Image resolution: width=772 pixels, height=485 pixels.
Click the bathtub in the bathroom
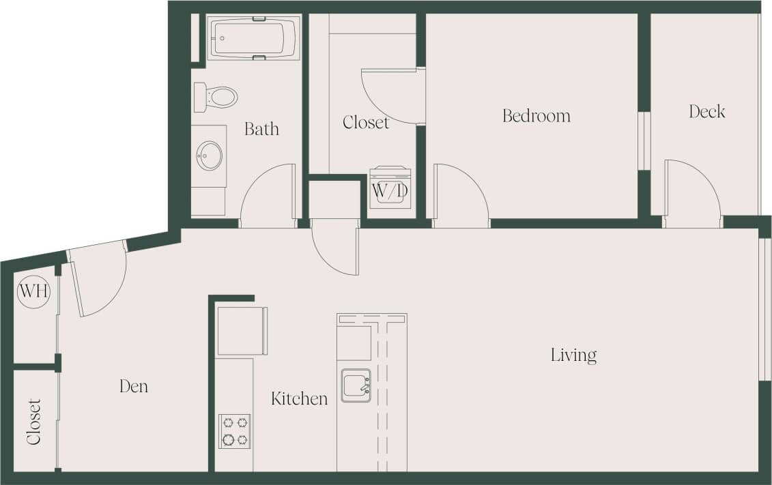point(254,38)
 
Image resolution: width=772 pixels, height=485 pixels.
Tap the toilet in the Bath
point(217,97)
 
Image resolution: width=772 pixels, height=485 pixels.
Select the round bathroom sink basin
point(209,156)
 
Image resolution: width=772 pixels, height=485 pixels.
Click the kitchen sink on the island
point(356,385)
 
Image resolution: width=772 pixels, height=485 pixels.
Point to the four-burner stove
point(234,431)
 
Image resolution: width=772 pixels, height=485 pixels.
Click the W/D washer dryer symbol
point(390,188)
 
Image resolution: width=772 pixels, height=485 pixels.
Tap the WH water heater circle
point(33,291)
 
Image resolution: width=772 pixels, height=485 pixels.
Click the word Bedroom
point(536,116)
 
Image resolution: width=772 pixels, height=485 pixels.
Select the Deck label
point(706,111)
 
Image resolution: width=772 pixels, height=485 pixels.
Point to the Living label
point(573,355)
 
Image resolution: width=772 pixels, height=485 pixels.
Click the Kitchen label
point(299,398)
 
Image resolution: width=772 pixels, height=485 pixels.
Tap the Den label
point(134,386)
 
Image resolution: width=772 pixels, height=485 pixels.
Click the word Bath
point(261,128)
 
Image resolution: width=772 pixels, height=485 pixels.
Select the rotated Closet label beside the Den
point(34,421)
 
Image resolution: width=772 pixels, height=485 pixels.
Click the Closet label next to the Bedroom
point(366,122)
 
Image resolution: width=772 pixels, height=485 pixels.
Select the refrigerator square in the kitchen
point(240,332)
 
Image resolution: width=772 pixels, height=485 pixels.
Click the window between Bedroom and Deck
point(644,140)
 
